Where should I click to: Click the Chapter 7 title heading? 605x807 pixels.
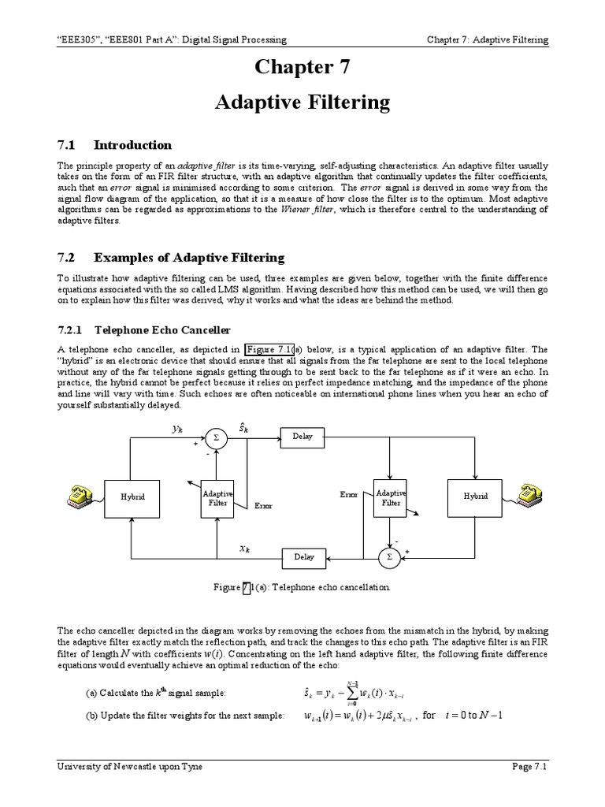(x=303, y=68)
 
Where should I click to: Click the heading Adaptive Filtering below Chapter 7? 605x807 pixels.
(x=303, y=102)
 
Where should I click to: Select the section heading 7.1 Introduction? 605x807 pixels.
(x=115, y=145)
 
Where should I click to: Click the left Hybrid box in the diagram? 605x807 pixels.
(x=133, y=496)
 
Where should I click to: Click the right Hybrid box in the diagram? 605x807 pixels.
(x=475, y=496)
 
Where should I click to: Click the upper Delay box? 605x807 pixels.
(x=303, y=436)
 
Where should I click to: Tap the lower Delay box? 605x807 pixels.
(x=304, y=557)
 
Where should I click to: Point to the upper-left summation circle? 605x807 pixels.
(x=216, y=436)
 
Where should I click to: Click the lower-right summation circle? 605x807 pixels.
(x=388, y=557)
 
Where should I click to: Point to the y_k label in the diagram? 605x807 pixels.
(x=177, y=429)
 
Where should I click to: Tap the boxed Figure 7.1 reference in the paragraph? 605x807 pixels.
(x=269, y=350)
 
